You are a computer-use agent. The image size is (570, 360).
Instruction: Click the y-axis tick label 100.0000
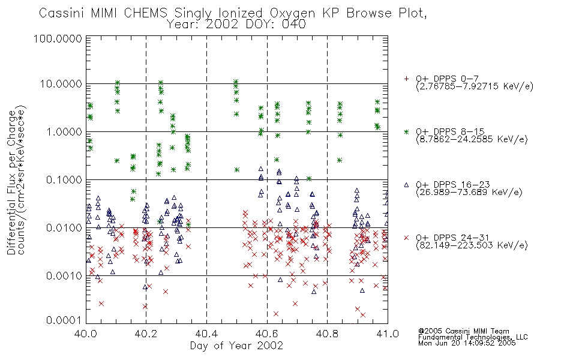(x=58, y=38)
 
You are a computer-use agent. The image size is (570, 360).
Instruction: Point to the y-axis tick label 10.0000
(x=61, y=84)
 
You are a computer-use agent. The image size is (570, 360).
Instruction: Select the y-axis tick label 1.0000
(x=64, y=131)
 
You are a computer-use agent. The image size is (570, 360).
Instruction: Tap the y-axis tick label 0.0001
(x=64, y=320)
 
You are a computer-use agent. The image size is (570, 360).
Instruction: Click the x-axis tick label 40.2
(x=146, y=334)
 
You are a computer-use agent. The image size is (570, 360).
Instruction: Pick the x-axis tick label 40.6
(x=267, y=334)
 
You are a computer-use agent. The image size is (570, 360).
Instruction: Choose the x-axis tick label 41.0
(x=388, y=334)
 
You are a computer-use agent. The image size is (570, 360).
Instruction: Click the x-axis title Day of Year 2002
(x=236, y=346)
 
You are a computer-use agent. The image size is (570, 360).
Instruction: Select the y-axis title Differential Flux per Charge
(x=11, y=182)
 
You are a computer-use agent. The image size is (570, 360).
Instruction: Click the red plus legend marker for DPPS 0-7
(x=406, y=79)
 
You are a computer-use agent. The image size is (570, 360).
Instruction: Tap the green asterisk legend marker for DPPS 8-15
(x=406, y=131)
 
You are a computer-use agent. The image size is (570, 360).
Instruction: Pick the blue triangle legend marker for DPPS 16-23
(x=406, y=185)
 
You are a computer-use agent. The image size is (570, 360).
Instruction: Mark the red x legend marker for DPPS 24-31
(x=406, y=238)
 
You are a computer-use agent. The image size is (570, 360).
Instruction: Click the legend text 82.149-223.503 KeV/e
(x=472, y=245)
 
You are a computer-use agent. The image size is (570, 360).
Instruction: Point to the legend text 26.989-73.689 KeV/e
(x=469, y=193)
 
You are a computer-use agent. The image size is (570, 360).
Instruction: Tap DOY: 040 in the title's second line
(x=275, y=25)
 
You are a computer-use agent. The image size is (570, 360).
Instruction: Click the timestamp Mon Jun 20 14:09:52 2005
(x=467, y=343)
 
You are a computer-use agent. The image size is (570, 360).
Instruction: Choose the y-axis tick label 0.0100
(x=64, y=228)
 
